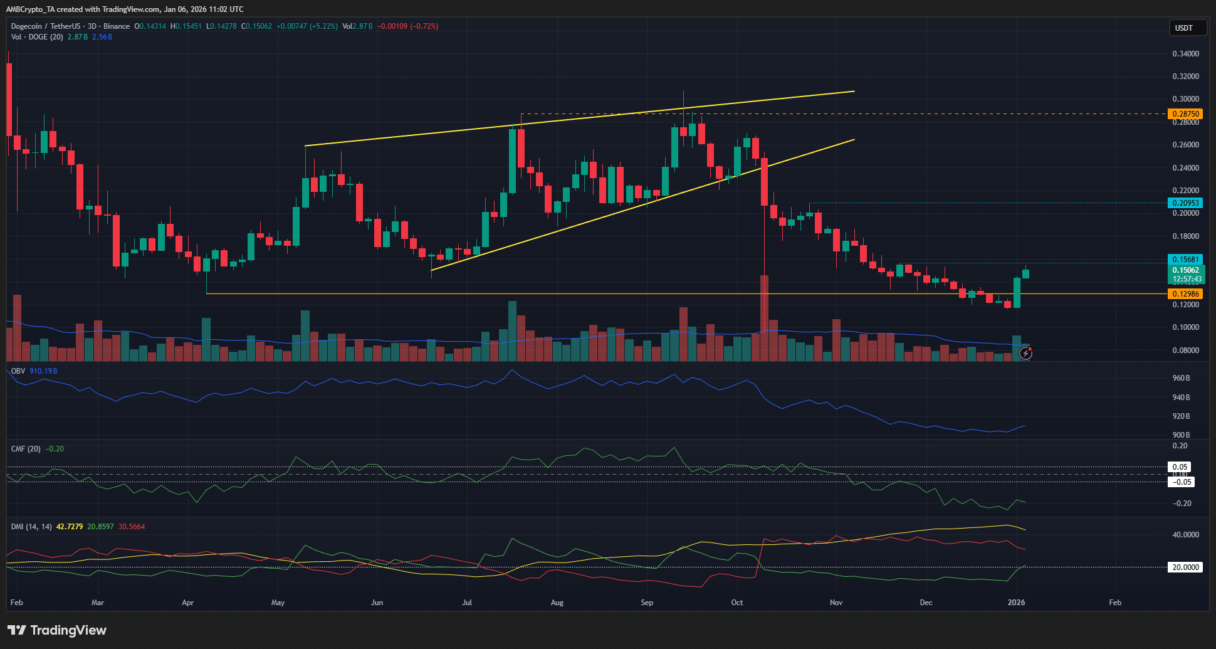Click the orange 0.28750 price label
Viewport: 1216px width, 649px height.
click(1185, 114)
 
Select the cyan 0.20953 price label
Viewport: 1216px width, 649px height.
click(1185, 203)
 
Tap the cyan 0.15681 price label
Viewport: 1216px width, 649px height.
click(1185, 260)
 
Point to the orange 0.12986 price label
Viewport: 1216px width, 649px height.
click(1185, 294)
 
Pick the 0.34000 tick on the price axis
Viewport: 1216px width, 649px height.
click(1185, 54)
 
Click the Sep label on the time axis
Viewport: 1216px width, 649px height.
click(647, 603)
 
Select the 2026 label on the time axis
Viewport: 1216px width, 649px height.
click(1016, 603)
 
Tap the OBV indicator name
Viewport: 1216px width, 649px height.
click(18, 371)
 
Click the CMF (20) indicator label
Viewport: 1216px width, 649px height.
click(26, 449)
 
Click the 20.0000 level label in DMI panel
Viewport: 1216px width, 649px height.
click(1185, 567)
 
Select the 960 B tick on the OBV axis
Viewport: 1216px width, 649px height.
click(1181, 378)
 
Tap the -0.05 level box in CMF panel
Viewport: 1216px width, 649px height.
click(1182, 482)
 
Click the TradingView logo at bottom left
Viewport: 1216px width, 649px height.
click(57, 630)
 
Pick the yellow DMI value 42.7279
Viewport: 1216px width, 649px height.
click(70, 527)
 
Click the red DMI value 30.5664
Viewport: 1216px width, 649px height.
click(132, 527)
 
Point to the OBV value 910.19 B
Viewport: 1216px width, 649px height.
click(43, 371)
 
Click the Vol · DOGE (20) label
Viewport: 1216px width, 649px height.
click(37, 37)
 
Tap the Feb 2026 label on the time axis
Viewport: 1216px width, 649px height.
click(1115, 603)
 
